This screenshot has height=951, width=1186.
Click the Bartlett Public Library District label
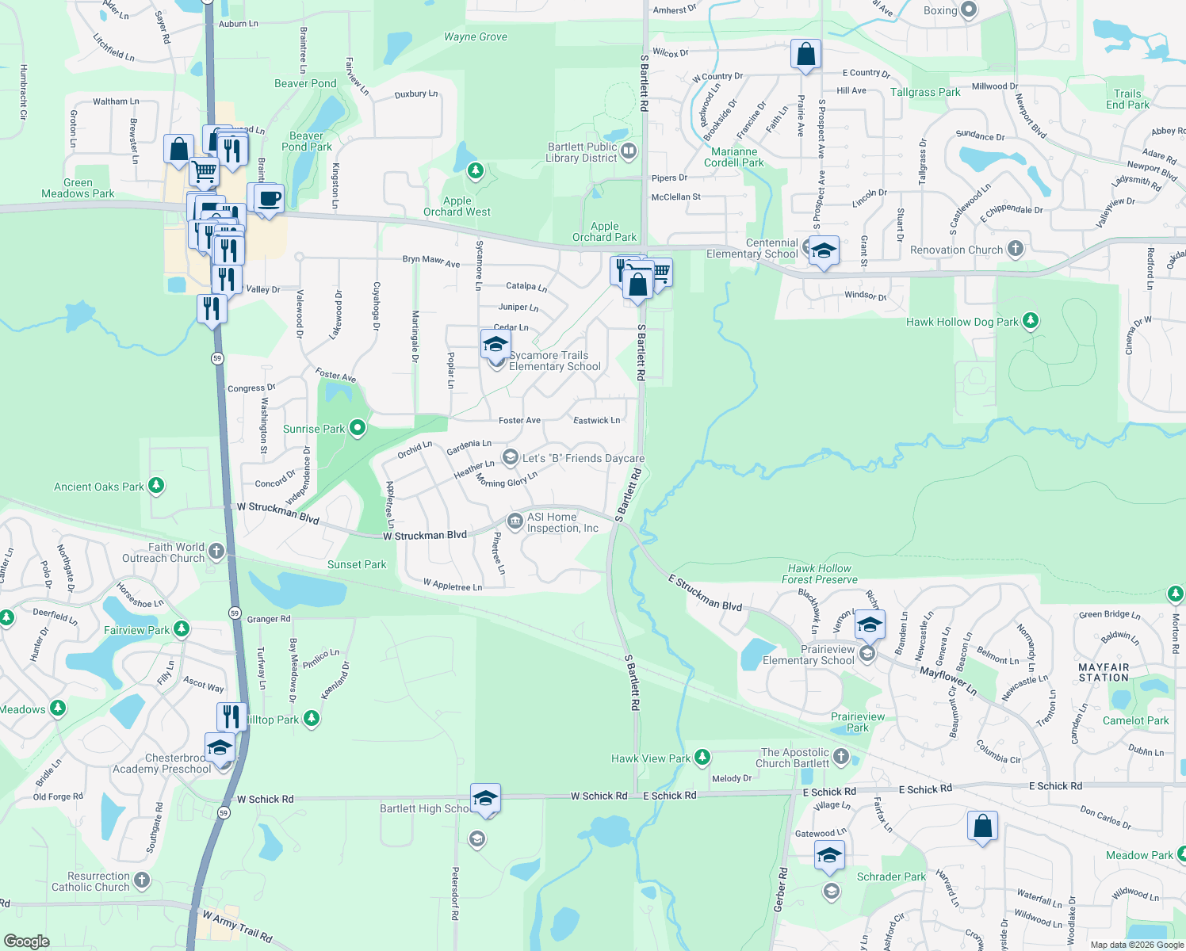582,152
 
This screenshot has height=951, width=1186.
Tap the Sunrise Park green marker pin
358,429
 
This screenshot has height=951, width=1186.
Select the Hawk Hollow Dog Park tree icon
1030,321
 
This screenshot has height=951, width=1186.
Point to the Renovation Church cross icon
1015,249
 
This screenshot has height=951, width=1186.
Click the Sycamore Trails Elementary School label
555,361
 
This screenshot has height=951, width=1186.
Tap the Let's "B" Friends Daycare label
583,459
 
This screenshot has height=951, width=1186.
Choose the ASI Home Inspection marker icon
515,521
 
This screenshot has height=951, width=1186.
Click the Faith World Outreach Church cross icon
216,551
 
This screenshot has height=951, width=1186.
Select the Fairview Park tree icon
182,629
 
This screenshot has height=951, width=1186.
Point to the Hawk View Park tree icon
702,758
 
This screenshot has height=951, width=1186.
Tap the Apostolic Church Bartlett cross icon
841,756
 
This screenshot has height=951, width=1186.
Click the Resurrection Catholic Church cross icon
142,880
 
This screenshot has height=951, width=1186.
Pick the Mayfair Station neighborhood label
1104,673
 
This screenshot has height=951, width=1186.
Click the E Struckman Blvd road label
705,594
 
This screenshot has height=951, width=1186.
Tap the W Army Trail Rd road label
237,926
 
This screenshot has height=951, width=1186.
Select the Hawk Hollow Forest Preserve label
819,574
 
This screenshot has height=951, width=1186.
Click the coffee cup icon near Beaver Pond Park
270,197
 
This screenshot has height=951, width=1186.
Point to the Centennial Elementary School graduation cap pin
823,250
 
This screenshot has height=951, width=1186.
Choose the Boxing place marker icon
969,10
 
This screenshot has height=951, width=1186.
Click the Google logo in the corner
27,941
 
